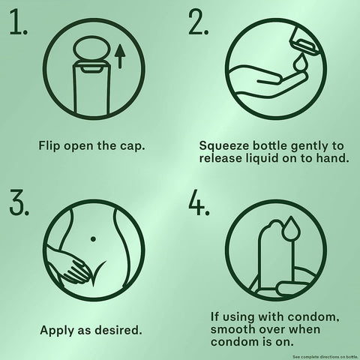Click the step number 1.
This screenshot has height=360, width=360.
pyautogui.click(x=19, y=22)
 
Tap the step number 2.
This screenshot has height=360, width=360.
pyautogui.click(x=198, y=22)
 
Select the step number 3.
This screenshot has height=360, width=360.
pyautogui.click(x=19, y=202)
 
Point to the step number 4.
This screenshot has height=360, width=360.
pyautogui.click(x=199, y=202)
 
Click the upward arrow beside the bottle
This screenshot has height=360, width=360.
pyautogui.click(x=120, y=56)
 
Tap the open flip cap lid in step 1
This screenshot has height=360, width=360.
pyautogui.click(x=91, y=49)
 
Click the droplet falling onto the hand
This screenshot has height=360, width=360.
pyautogui.click(x=299, y=63)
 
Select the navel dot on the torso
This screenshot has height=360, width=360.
pyautogui.click(x=93, y=239)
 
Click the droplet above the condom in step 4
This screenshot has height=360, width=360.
pyautogui.click(x=290, y=228)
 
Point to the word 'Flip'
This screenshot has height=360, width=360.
pyautogui.click(x=49, y=145)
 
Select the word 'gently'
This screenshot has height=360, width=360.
pyautogui.click(x=309, y=146)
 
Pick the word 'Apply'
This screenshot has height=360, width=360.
pyautogui.click(x=57, y=331)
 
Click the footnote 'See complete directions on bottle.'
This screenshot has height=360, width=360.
pyautogui.click(x=325, y=357)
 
